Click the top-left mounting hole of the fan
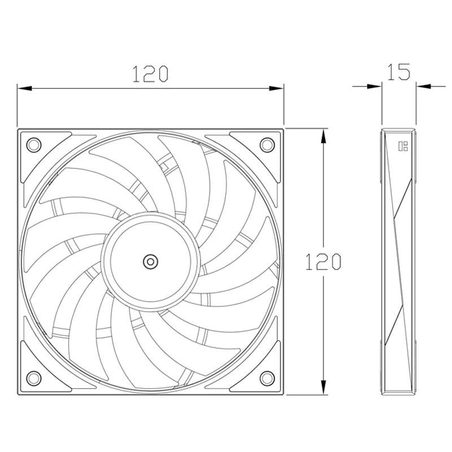point(33,145)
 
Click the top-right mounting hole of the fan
point(266,145)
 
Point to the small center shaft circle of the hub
point(150,261)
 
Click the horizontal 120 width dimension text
point(150,73)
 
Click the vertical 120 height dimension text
point(323,261)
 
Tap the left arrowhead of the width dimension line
point(23,89)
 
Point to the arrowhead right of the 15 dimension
point(423,86)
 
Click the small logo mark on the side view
point(403,147)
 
